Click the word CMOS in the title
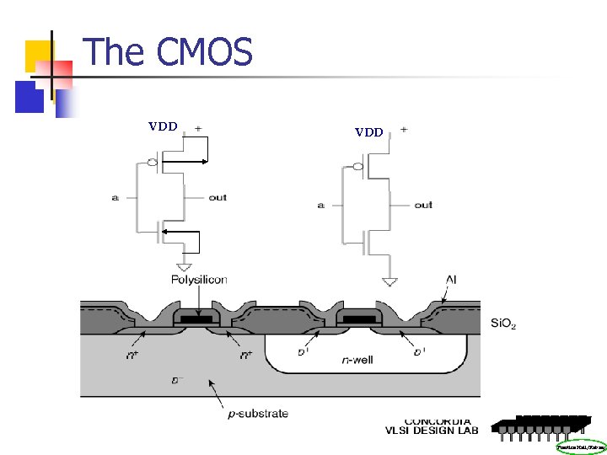tap(205, 52)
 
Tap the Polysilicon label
tap(199, 280)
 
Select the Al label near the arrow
tap(451, 280)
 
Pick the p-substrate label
tap(253, 413)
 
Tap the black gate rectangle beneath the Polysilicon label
tap(198, 320)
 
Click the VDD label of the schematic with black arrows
tap(163, 127)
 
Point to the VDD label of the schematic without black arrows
tap(369, 132)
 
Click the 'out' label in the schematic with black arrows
tap(218, 197)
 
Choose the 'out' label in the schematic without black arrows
tap(423, 205)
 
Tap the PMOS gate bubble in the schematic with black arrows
tap(151, 162)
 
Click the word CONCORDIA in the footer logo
tap(438, 420)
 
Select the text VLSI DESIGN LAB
tap(432, 431)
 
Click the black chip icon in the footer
tap(540, 426)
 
